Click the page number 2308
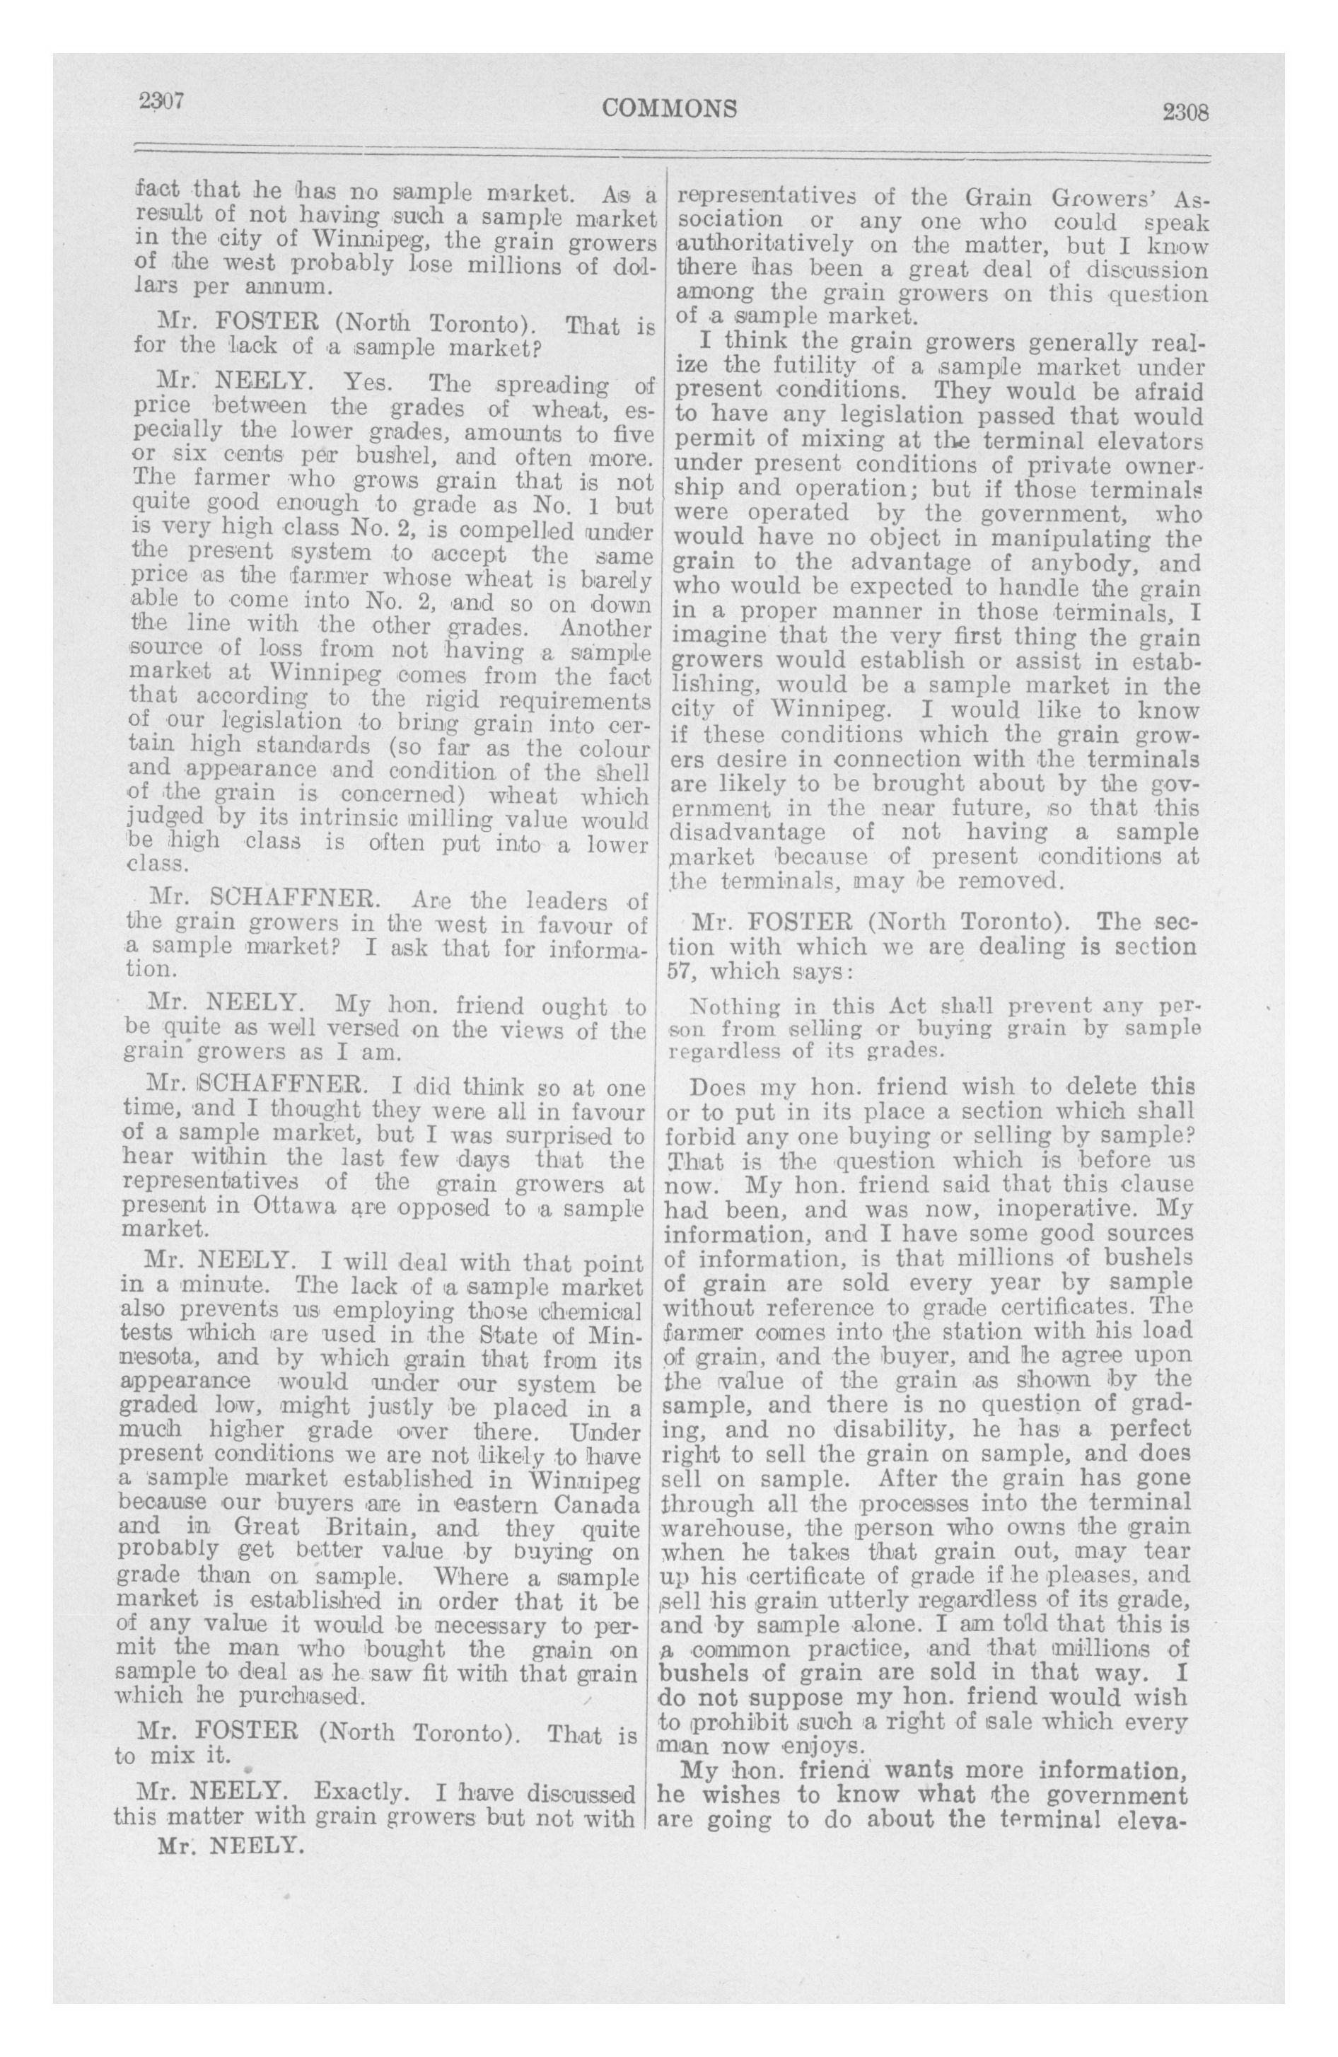1183,112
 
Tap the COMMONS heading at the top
670,108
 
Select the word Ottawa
289,1207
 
